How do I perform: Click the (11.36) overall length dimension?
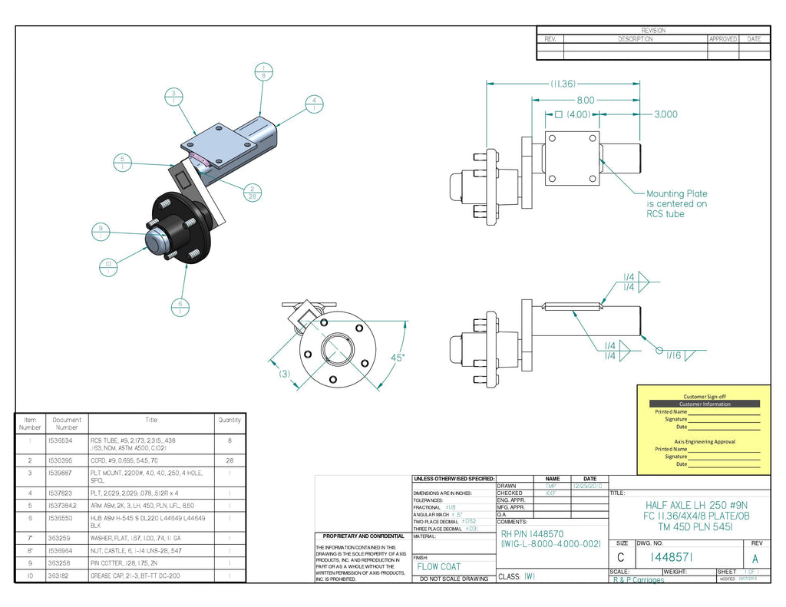(x=563, y=83)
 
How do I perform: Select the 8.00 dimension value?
(x=586, y=100)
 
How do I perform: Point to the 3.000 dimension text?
(x=665, y=114)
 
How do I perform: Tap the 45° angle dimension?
(x=397, y=358)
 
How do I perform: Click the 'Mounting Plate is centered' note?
(x=676, y=203)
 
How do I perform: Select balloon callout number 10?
(x=108, y=266)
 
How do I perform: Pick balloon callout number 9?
(x=100, y=230)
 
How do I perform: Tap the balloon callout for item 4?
(x=312, y=103)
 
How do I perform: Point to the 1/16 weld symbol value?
(x=673, y=355)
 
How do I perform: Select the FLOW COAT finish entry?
(x=439, y=567)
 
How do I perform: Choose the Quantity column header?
(x=229, y=420)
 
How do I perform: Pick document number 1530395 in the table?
(x=61, y=460)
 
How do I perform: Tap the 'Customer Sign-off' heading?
(x=704, y=397)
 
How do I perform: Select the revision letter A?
(x=755, y=559)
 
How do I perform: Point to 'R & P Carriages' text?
(x=639, y=580)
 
